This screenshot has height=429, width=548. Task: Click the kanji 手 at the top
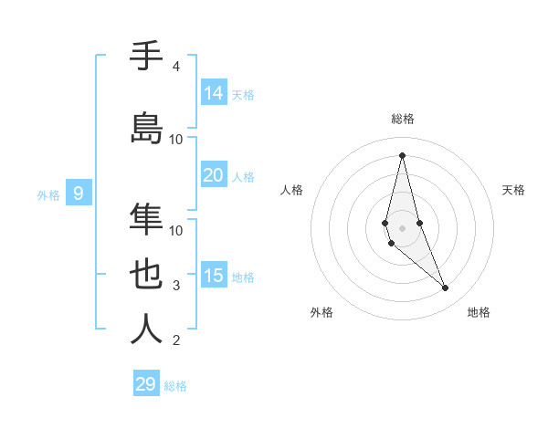coord(147,58)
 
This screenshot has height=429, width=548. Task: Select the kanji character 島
coord(147,129)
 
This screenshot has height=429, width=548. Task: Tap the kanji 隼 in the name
coord(147,220)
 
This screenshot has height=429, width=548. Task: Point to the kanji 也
coord(147,275)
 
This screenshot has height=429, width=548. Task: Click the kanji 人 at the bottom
coord(147,330)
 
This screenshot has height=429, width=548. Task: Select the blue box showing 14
coord(214,92)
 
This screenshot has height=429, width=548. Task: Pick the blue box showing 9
coord(79,193)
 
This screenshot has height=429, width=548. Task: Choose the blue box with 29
coord(146,384)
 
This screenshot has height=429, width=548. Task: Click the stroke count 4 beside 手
coord(176,67)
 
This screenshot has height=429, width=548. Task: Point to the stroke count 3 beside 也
coord(176,286)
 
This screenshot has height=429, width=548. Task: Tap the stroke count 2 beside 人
coord(176,340)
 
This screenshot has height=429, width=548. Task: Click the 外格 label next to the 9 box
coord(48,194)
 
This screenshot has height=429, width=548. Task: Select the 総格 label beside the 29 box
coord(175,386)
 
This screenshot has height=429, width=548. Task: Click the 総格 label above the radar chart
coord(403,119)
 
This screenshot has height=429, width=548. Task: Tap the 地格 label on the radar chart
coord(479,312)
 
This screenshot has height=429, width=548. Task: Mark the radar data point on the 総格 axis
coord(402,154)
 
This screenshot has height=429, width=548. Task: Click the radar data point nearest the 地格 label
coord(446,288)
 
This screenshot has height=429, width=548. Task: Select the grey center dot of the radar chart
coord(402,226)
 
